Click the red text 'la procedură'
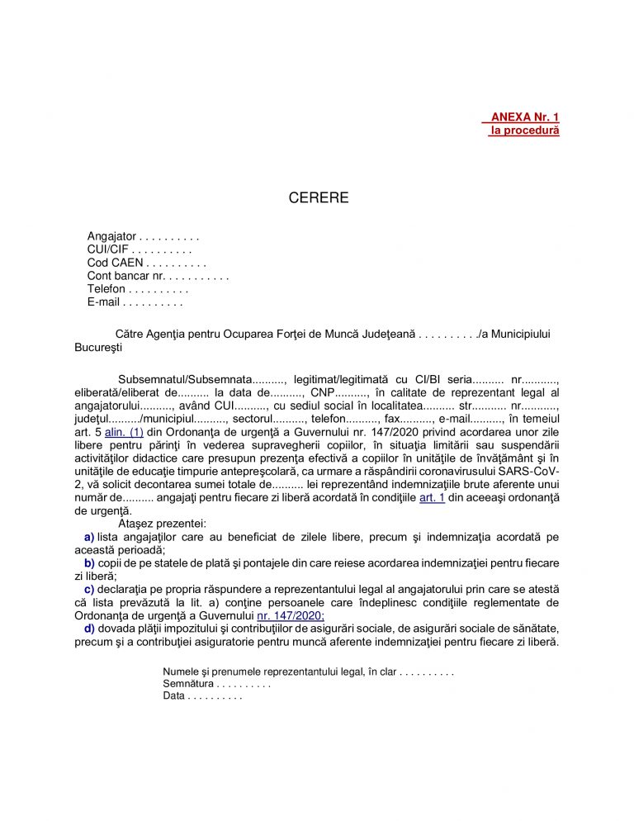[x=524, y=131]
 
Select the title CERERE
[x=319, y=198]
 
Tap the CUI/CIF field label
[x=107, y=250]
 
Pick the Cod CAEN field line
[x=115, y=263]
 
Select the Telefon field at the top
[x=106, y=289]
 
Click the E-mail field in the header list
[x=104, y=302]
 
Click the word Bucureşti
[x=98, y=347]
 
